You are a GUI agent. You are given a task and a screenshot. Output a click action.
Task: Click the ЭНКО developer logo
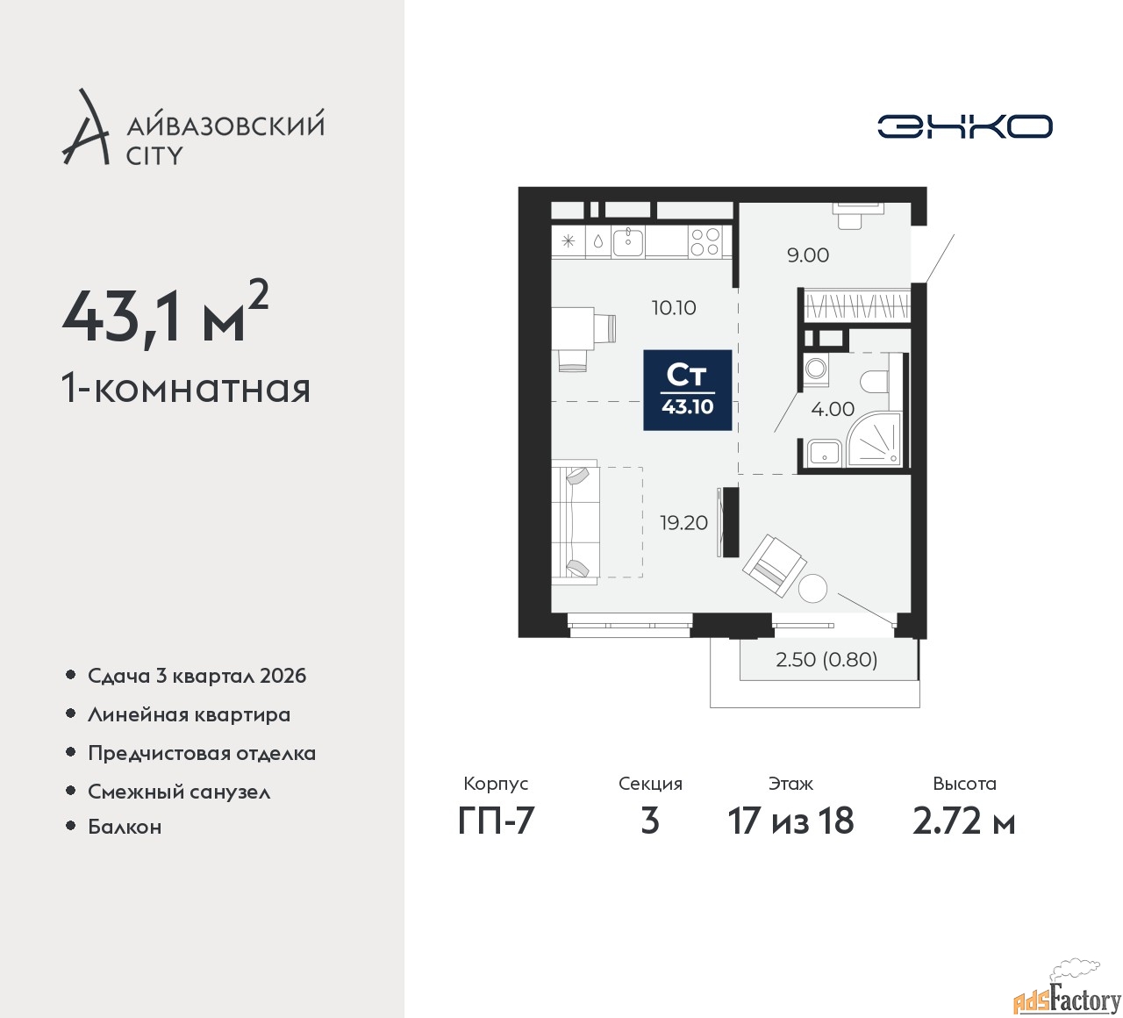point(964,126)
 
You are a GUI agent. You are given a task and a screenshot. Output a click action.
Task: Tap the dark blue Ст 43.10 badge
point(687,390)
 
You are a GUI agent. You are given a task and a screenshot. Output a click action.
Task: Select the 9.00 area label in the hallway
point(807,255)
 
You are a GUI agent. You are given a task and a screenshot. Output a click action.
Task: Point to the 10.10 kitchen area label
point(674,307)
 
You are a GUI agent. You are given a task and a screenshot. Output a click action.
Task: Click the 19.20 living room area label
point(683,522)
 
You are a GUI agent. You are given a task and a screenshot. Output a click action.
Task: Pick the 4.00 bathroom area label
point(833,409)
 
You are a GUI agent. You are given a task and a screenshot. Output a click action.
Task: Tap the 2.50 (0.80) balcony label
point(826,660)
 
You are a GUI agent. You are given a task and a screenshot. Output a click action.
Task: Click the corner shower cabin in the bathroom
point(875,441)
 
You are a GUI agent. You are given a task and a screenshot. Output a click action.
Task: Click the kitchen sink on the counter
point(627,241)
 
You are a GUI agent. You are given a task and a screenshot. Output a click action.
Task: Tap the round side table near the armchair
point(812,588)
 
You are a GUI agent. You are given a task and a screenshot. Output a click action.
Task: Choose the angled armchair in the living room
point(774,565)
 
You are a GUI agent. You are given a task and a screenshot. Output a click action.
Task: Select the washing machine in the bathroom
point(816,369)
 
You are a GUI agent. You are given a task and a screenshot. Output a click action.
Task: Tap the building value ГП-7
point(496,821)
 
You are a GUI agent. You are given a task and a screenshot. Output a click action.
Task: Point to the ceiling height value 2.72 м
point(964,821)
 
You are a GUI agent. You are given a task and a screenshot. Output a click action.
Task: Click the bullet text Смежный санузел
point(179,792)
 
